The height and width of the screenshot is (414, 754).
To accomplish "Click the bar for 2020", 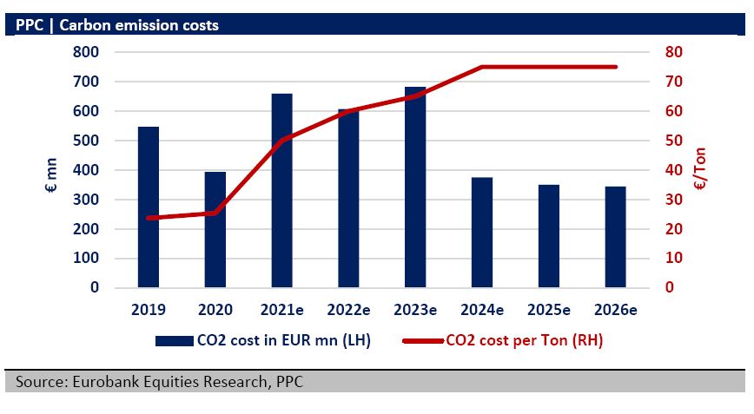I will click(x=215, y=229).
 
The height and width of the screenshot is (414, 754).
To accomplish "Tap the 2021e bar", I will click(x=282, y=190).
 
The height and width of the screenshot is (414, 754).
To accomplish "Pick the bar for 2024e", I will click(x=482, y=232).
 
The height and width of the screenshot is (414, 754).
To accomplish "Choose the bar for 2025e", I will click(x=549, y=235).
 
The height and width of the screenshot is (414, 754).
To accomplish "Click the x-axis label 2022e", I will click(x=349, y=310).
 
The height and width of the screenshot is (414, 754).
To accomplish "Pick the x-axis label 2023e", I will click(x=416, y=310).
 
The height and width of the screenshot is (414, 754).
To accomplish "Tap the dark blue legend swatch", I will click(x=176, y=341).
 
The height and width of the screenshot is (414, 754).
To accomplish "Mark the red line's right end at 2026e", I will click(x=616, y=67).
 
